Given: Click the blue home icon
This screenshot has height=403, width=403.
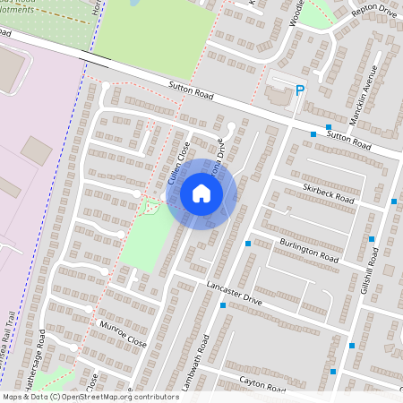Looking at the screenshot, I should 201,193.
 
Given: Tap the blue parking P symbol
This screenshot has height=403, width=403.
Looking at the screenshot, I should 301,90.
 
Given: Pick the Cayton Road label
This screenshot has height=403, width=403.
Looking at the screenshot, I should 262,385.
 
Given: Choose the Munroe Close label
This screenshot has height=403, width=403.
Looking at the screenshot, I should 123,331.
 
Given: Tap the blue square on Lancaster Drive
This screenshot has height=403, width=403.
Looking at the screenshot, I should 222,305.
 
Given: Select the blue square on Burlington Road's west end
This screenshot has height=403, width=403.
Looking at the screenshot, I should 247,244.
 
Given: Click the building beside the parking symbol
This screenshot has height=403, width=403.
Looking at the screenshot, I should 279,93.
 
